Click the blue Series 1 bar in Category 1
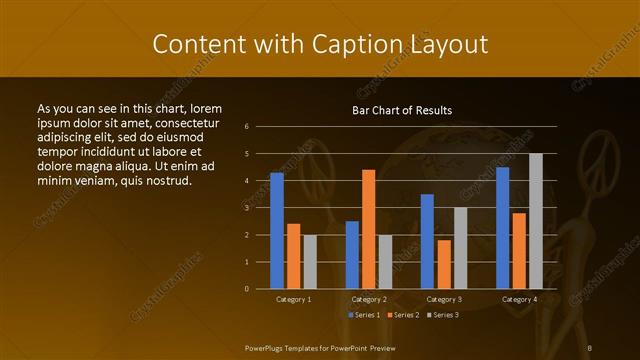click(x=277, y=230)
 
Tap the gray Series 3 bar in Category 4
click(x=535, y=221)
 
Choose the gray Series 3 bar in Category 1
click(x=310, y=261)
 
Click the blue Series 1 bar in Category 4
click(x=502, y=227)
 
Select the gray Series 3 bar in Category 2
click(x=385, y=261)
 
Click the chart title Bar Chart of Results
click(x=402, y=110)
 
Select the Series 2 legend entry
click(x=403, y=315)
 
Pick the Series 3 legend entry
click(x=442, y=315)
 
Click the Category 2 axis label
click(x=369, y=299)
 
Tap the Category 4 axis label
click(x=518, y=299)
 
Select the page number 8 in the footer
click(x=590, y=348)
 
